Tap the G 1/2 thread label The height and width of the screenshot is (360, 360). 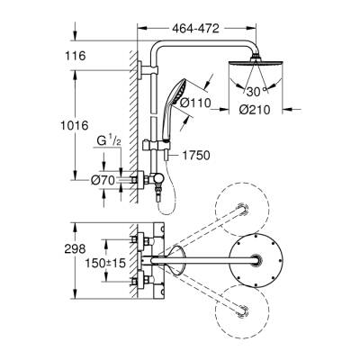coord(109,143)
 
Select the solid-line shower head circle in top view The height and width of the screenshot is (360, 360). coord(262,260)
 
